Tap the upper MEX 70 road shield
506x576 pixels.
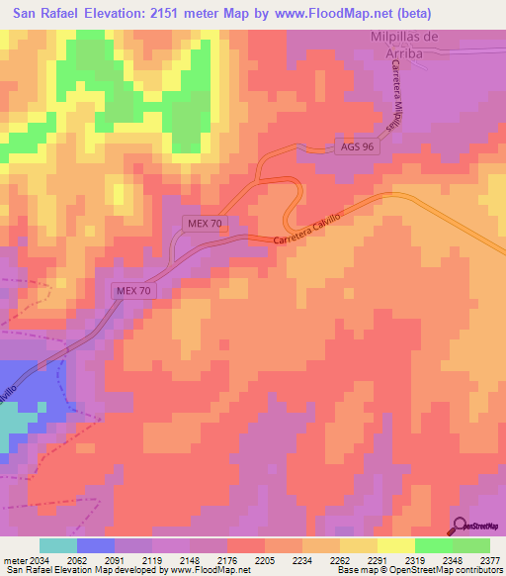click(x=206, y=224)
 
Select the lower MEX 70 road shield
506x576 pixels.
click(x=132, y=290)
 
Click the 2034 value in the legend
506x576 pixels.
click(x=37, y=559)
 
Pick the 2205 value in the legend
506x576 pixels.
click(x=264, y=559)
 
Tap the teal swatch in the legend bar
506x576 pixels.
click(x=58, y=545)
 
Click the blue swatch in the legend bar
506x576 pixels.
click(x=96, y=545)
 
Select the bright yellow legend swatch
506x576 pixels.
click(x=396, y=545)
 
